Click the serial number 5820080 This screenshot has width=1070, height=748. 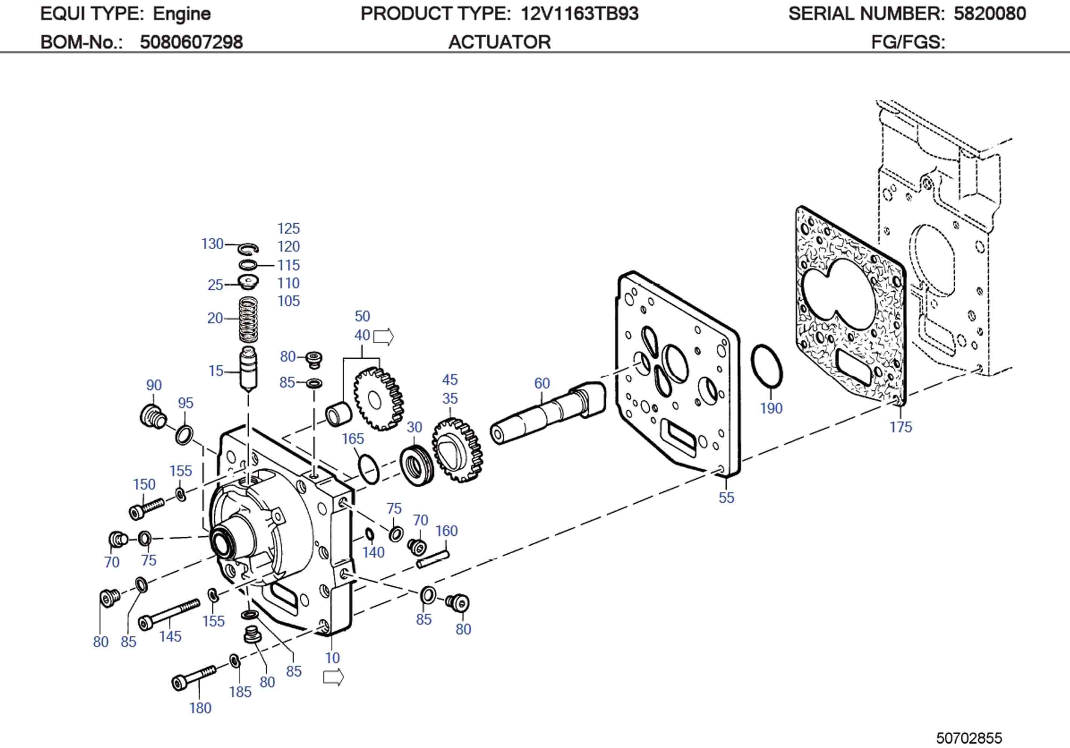coord(990,14)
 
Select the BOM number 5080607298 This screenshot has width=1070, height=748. coord(191,42)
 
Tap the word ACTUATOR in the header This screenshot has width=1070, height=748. coord(499,42)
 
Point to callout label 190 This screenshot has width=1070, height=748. coord(771,408)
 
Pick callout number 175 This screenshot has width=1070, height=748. coord(900,427)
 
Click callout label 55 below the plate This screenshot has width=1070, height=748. coord(726,498)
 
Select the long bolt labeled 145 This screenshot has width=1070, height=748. coord(169,614)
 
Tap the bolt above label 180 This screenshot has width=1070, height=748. coord(193,677)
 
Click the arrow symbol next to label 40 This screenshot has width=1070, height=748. coord(383,336)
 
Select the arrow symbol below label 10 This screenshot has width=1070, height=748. coord(333,677)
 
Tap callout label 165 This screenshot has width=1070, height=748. coord(352,439)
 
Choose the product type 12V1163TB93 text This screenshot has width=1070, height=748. coord(579,14)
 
